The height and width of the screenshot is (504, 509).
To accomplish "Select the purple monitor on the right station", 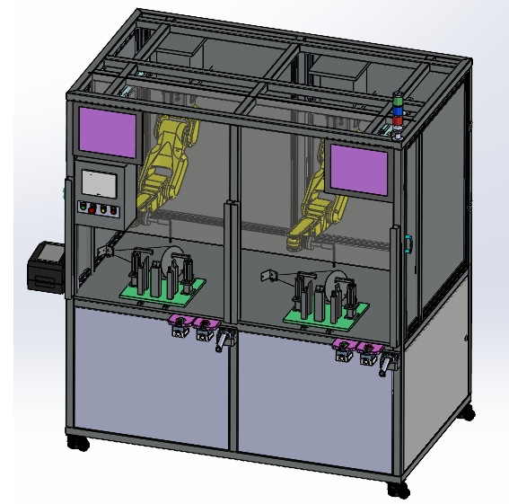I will pyautogui.click(x=359, y=168).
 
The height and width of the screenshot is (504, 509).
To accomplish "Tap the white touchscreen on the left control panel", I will pyautogui.click(x=100, y=183).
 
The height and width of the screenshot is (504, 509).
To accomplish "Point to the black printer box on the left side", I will pyautogui.click(x=47, y=267).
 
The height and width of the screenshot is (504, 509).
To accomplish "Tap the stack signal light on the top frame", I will pyautogui.click(x=397, y=114).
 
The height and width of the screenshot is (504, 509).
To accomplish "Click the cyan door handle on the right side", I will pyautogui.click(x=409, y=243).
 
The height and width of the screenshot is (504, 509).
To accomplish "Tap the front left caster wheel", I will pyautogui.click(x=80, y=442).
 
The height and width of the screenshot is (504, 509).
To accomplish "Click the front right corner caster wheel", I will pyautogui.click(x=397, y=489).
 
